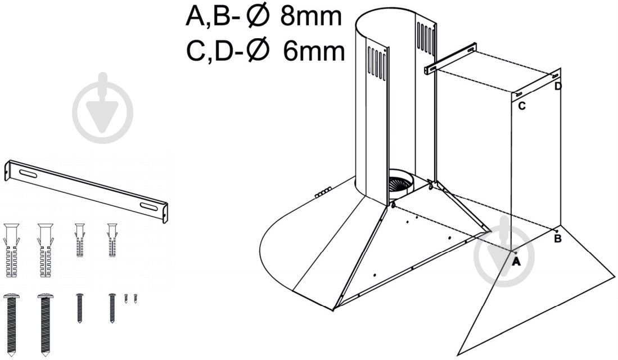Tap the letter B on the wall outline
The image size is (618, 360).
[x=558, y=238]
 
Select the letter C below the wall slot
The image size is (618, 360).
[x=521, y=106]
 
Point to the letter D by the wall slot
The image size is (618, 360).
[x=558, y=86]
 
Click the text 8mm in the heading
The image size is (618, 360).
[x=310, y=16]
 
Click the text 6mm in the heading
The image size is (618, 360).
[x=313, y=52]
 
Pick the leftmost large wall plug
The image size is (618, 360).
[x=11, y=250]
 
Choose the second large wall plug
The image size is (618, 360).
[x=46, y=250]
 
